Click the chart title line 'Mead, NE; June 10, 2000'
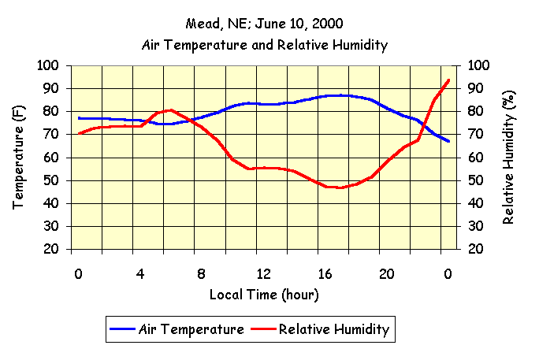coord(264,24)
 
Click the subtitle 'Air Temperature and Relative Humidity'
coord(264,45)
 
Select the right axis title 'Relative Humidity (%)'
coord(508,158)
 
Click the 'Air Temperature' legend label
coord(191,329)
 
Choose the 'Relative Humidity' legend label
coord(334,329)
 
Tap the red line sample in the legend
coord(264,329)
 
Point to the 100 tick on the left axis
coord(49,65)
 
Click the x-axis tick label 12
coord(263,273)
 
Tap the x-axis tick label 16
coord(325,273)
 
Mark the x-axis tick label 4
coord(140,273)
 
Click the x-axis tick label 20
coord(386,273)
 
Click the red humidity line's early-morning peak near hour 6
coord(171,109)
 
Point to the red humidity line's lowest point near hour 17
coord(340,187)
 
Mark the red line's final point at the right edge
coord(448,80)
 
